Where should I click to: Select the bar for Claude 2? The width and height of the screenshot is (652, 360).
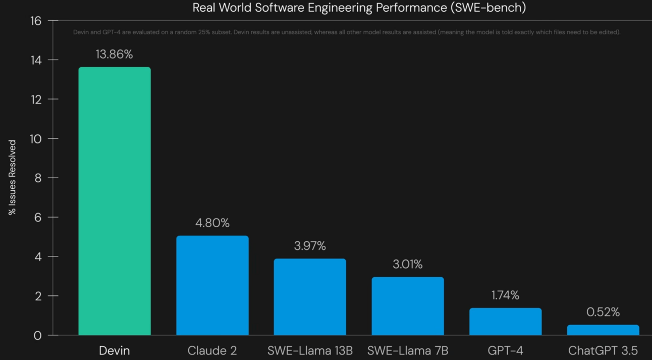(212, 285)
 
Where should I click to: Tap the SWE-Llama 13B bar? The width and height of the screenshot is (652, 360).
(310, 297)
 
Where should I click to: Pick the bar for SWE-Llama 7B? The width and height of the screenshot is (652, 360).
(408, 306)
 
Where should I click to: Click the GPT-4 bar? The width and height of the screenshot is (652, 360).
(505, 322)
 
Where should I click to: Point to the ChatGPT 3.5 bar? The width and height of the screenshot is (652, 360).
(603, 330)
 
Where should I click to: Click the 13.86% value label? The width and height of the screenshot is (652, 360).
(115, 55)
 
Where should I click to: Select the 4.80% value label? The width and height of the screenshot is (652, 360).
(212, 223)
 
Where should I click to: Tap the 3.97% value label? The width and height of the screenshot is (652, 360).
(310, 246)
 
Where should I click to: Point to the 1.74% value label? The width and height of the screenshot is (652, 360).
(505, 295)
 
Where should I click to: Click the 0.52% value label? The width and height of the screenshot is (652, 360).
(603, 312)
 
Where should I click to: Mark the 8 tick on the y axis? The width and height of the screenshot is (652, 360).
(38, 178)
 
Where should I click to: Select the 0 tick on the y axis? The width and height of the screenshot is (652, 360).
(38, 335)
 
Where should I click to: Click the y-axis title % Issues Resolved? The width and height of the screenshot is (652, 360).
(13, 178)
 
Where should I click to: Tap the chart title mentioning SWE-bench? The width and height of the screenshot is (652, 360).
(359, 8)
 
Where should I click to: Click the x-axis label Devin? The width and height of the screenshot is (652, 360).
(115, 350)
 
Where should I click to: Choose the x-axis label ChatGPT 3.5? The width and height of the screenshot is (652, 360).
(603, 350)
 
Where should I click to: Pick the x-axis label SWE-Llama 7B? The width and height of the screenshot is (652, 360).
(408, 350)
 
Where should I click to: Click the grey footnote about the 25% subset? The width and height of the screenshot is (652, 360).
(347, 32)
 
